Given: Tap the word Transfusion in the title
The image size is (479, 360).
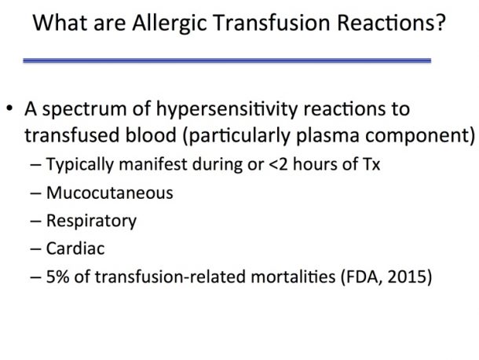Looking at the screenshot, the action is (x=272, y=23).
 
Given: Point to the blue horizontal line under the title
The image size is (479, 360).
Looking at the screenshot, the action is (x=227, y=61).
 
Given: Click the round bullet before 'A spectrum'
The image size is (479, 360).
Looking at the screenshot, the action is (x=9, y=108).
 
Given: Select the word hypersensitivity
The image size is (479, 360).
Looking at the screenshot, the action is (x=227, y=110).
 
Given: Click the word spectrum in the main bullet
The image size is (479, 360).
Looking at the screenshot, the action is (x=84, y=110).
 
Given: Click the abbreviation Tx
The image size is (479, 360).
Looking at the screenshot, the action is (x=371, y=164).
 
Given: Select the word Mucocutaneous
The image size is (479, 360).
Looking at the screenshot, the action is (x=110, y=193).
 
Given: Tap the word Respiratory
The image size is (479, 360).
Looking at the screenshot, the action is (x=91, y=222).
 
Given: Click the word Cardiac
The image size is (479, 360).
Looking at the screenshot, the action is (x=75, y=248).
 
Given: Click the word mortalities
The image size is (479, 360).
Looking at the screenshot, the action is (x=293, y=277).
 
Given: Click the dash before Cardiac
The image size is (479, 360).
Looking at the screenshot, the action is (x=36, y=248).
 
